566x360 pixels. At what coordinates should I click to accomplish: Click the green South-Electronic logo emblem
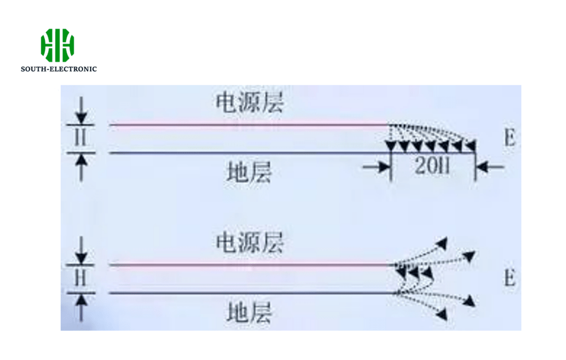[x=57, y=45]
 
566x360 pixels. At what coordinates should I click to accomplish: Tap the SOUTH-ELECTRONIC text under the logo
[x=59, y=69]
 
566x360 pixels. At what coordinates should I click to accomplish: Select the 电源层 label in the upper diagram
[x=250, y=103]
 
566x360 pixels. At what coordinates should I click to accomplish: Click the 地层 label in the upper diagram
[x=249, y=173]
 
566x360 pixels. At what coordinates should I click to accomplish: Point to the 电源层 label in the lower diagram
[x=250, y=243]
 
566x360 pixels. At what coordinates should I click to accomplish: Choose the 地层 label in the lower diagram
[x=249, y=313]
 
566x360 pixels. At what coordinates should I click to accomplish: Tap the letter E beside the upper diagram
[x=509, y=139]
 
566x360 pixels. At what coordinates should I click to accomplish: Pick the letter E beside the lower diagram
[x=509, y=278]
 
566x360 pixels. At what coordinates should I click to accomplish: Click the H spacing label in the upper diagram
[x=81, y=138]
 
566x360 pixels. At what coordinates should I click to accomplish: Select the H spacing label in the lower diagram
[x=81, y=279]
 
